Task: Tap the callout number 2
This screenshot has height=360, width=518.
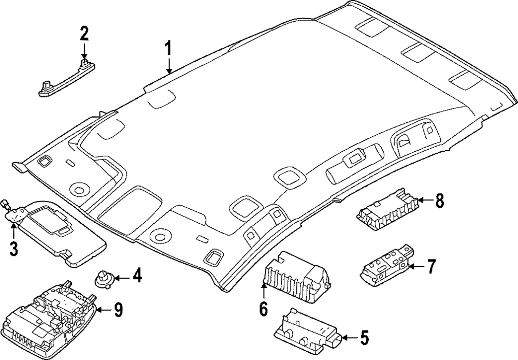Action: pyautogui.click(x=84, y=34)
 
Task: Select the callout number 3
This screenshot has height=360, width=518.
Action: pyautogui.click(x=14, y=249)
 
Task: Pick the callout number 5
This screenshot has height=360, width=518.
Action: pyautogui.click(x=364, y=338)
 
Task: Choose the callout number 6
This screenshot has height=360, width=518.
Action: pyautogui.click(x=263, y=309)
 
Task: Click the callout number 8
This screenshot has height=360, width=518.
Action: pyautogui.click(x=439, y=200)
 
